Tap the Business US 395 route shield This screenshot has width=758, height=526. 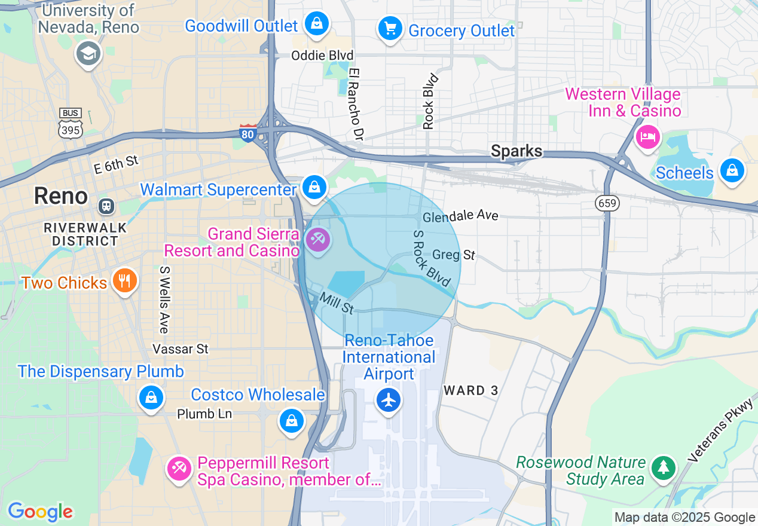(x=71, y=124)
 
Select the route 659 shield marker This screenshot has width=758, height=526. (x=607, y=204)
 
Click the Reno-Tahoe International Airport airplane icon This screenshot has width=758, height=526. (x=389, y=399)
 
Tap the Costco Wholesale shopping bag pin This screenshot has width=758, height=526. (x=291, y=420)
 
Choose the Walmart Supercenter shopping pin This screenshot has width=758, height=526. (x=314, y=187)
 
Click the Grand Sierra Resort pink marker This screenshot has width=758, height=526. (x=317, y=240)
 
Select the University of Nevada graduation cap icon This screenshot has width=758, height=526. (x=88, y=54)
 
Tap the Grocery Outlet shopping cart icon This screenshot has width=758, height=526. (x=390, y=27)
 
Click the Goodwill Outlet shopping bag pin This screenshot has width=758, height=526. (x=316, y=24)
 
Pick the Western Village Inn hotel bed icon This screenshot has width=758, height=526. (x=647, y=137)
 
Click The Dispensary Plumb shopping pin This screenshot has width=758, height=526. (x=151, y=397)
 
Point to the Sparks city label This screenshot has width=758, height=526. (x=516, y=151)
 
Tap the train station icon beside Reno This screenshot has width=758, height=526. (x=106, y=206)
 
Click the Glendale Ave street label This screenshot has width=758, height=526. (x=460, y=216)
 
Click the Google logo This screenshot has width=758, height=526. (x=40, y=512)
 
